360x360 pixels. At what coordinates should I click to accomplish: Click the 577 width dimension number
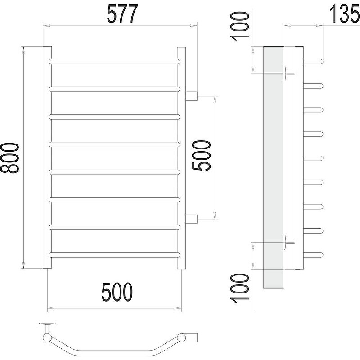122,14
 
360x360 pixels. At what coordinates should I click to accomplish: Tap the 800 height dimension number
9,158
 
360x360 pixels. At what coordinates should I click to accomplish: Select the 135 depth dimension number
345,14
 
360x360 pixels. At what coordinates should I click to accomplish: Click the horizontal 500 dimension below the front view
117,292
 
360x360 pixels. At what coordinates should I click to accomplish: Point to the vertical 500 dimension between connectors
201,156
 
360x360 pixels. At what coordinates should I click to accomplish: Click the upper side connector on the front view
192,96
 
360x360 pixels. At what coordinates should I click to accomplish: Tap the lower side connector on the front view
192,219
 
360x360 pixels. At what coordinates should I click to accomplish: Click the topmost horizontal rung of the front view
114,62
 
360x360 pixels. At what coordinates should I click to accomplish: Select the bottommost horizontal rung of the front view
114,255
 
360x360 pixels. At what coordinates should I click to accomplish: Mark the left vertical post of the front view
47,157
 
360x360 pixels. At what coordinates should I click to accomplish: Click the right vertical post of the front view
181,158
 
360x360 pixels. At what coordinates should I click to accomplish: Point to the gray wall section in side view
274,167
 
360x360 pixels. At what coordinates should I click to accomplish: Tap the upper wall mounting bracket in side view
289,73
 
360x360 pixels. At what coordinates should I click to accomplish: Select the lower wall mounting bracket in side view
289,242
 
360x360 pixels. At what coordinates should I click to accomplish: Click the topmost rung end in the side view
313,62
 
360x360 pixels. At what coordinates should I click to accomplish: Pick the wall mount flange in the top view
47,324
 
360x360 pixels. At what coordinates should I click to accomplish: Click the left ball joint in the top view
47,338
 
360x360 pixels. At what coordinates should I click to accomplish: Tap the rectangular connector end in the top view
192,337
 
